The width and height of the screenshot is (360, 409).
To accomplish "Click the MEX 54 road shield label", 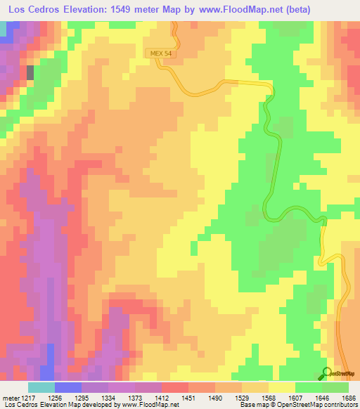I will click(157, 53).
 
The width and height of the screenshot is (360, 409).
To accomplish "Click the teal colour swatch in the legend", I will click(41, 388).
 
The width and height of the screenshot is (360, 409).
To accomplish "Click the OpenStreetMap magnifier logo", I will click(326, 372).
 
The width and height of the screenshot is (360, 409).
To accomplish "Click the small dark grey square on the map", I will click(30, 71).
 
